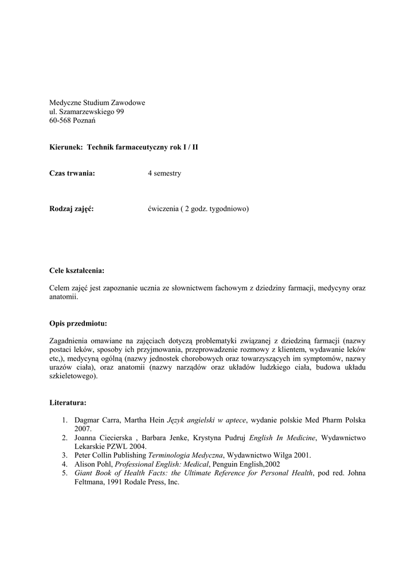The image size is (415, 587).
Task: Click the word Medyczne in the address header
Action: coord(64,103)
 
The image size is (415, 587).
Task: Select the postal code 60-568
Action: coord(61,121)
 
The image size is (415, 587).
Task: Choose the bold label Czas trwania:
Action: coord(72,174)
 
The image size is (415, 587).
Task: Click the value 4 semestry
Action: coord(164,174)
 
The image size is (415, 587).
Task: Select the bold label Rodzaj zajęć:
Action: coord(71,209)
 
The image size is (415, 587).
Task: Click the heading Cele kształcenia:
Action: coord(77,271)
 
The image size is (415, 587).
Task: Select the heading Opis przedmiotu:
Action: coord(78,323)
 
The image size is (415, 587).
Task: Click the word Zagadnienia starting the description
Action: coord(72,341)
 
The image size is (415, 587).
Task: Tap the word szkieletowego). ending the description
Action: coord(73,376)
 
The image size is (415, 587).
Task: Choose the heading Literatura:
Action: coord(68,403)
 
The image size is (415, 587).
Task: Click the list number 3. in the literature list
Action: coord(66,455)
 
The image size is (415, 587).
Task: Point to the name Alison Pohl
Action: coord(93,464)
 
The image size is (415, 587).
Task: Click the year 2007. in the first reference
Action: coord(83,429)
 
